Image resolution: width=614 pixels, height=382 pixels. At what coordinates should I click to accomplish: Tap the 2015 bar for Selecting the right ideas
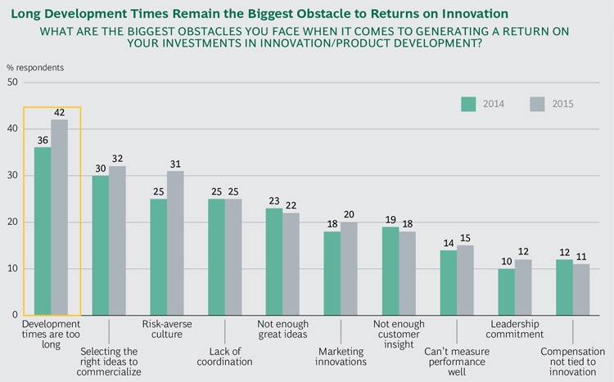click(x=118, y=240)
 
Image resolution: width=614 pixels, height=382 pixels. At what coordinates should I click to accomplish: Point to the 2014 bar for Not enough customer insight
click(x=391, y=271)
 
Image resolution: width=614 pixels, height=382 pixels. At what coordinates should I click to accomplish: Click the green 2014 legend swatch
click(x=468, y=104)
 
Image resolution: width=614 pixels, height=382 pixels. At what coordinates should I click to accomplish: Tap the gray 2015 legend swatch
click(x=537, y=104)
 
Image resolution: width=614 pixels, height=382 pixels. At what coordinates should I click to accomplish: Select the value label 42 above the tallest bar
click(x=60, y=113)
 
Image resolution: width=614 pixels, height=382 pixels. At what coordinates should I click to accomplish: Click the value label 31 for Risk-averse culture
click(x=176, y=164)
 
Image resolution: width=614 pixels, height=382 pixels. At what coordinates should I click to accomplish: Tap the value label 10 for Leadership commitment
click(x=508, y=262)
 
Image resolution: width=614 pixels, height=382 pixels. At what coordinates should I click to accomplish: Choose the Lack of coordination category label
click(x=223, y=355)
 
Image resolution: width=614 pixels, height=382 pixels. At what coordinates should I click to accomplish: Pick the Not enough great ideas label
click(x=282, y=330)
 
